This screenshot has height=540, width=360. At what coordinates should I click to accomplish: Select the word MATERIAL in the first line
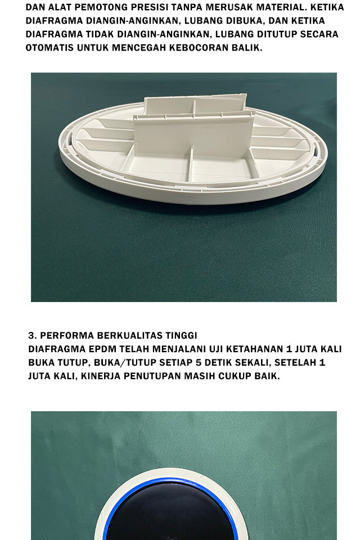click(x=281, y=7)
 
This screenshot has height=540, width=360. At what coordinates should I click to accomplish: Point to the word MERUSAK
click(x=228, y=7)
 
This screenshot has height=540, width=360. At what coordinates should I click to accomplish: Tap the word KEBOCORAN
click(x=199, y=47)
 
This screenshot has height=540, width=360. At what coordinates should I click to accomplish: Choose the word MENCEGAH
click(x=139, y=47)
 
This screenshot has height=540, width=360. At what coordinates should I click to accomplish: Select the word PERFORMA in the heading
click(x=67, y=335)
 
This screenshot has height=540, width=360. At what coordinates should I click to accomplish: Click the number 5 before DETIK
click(x=197, y=363)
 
